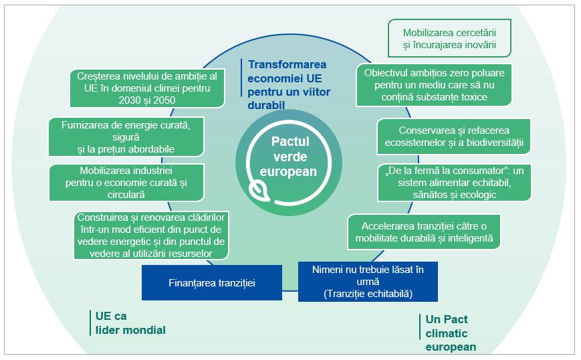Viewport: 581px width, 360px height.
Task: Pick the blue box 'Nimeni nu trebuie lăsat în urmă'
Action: pos(368,281)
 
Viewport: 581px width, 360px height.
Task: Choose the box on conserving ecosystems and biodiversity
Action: pos(454,137)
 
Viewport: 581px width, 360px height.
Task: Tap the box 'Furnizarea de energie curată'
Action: pos(126,137)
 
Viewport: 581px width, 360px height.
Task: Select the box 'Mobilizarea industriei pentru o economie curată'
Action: pos(126,182)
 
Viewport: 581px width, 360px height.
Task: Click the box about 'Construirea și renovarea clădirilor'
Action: pos(150,235)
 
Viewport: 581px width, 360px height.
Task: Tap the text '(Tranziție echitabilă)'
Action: pos(368,293)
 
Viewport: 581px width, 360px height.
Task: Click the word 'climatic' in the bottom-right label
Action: pos(446,333)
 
